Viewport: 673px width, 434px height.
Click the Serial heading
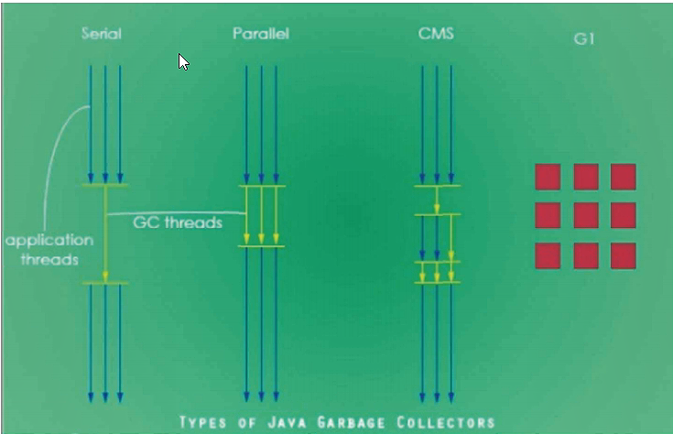pos(101,34)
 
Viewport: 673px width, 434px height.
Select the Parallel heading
pos(260,34)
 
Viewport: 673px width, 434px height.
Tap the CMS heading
pos(435,34)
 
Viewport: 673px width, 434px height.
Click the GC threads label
pos(178,222)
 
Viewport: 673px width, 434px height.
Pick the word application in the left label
pos(49,241)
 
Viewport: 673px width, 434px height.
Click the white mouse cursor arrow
pos(183,61)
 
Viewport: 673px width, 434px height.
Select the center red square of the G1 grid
pos(586,215)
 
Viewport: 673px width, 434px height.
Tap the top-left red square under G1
pos(548,176)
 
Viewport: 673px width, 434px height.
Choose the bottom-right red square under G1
pos(624,255)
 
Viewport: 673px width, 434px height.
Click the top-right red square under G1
pos(624,176)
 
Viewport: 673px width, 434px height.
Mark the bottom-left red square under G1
pos(548,255)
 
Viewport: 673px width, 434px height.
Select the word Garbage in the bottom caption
pos(351,422)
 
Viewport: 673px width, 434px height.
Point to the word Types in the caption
pos(210,422)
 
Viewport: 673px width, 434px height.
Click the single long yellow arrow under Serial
pos(105,233)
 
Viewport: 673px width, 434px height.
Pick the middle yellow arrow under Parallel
pos(261,216)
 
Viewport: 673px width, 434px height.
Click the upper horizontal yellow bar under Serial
pos(105,186)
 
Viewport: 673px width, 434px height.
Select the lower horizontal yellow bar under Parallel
pos(261,246)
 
